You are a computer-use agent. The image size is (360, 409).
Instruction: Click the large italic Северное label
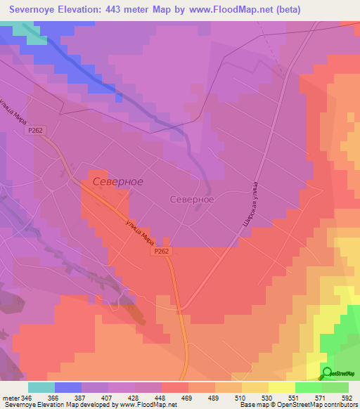(x=117, y=182)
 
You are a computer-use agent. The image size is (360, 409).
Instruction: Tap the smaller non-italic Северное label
(x=192, y=200)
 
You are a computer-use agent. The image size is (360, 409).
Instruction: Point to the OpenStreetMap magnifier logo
(x=328, y=373)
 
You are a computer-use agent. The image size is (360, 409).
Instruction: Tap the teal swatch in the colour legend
(x=41, y=387)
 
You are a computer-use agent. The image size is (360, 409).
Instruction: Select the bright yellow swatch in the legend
(x=281, y=387)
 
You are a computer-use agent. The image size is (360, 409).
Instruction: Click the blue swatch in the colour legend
(x=68, y=387)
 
